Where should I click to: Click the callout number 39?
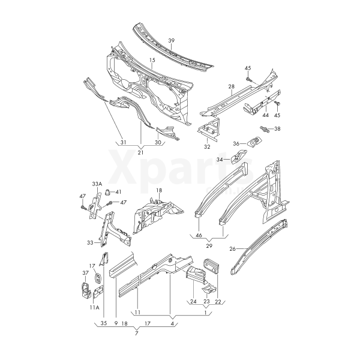(x=171, y=41)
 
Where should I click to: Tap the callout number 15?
(x=152, y=60)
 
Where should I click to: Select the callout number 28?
(x=232, y=86)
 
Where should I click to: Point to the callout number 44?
(x=265, y=115)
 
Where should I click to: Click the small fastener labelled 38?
(x=265, y=129)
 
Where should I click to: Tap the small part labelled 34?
(x=239, y=157)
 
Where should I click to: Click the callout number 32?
(x=207, y=147)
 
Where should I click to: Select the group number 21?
(x=140, y=152)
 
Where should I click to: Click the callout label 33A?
(x=97, y=184)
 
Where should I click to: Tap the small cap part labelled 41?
(x=107, y=192)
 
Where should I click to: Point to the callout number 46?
(x=199, y=235)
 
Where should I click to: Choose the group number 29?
(x=209, y=246)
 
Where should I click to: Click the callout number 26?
(x=233, y=248)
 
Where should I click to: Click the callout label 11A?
(x=95, y=307)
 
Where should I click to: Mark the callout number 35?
(x=104, y=323)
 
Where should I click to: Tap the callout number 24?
(x=193, y=301)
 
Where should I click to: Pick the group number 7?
(x=136, y=333)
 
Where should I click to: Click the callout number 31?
(x=123, y=142)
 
